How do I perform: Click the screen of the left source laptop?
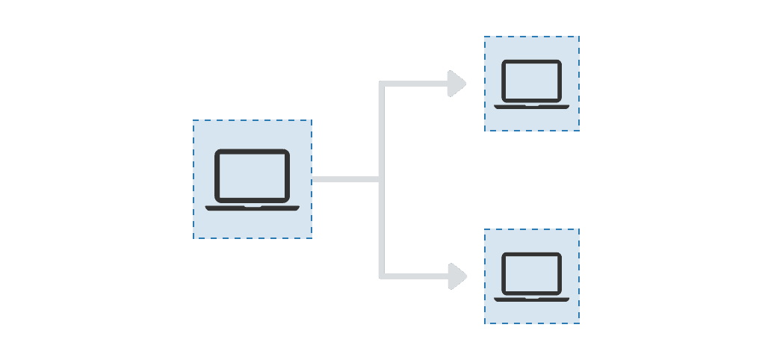click(252, 176)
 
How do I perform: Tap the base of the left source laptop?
click(252, 208)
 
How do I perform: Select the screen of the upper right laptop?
click(531, 79)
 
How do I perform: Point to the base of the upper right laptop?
click(531, 106)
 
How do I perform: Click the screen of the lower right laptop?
click(531, 273)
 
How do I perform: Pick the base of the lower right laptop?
click(531, 300)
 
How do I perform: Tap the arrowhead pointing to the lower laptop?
click(456, 276)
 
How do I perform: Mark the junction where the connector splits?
click(381, 179)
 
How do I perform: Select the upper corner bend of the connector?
click(382, 84)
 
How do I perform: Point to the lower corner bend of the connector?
click(382, 276)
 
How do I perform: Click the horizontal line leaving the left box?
click(344, 179)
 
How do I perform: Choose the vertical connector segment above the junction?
click(381, 131)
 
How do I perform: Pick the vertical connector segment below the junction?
click(381, 228)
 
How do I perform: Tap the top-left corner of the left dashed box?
click(194, 121)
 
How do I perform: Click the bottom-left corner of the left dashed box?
click(194, 238)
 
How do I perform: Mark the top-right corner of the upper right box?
click(578, 37)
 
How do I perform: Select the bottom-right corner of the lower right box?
click(578, 323)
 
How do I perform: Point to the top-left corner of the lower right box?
click(485, 230)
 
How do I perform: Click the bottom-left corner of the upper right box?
click(485, 130)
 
